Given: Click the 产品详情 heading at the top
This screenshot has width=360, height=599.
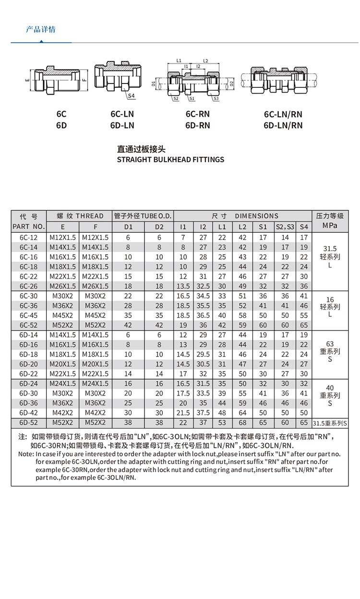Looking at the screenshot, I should point(40,30).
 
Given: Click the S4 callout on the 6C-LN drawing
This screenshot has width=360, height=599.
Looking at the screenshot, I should point(132,96).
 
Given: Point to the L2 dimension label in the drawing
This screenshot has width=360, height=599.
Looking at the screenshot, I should point(205,61).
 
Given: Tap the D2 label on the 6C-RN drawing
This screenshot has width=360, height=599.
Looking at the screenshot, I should point(231,84).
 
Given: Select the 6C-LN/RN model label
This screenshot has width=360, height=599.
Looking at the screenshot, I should point(283,115).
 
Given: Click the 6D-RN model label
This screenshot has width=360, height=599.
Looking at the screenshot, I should point(198,126).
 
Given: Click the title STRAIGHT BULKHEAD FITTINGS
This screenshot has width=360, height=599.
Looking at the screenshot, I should point(170,159).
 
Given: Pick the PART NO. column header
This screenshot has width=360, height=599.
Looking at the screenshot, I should point(29,226).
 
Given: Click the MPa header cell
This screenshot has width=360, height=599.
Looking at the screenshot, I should point(330,225).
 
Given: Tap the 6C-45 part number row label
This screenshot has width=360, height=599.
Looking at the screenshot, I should point(29,315).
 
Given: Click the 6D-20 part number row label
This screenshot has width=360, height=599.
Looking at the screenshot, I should point(29,364).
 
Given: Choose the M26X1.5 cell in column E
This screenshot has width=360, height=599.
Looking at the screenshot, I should point(63,286).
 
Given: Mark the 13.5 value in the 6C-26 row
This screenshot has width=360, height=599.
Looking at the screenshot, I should point(183,286).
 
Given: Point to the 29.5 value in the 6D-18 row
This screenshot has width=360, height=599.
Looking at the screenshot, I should point(203,354).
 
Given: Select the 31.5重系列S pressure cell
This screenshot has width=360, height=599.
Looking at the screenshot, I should point(330,423).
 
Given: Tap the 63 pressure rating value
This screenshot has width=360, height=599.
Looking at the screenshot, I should point(330,344).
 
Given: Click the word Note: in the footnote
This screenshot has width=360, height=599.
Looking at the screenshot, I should point(26,454).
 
